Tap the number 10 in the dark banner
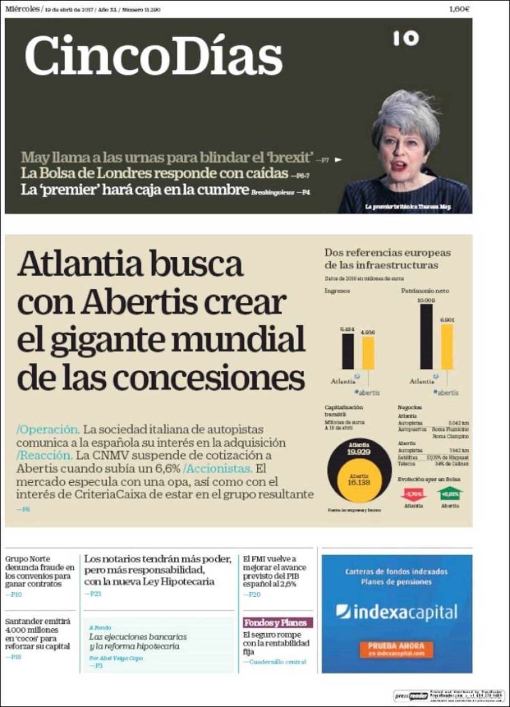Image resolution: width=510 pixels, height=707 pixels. tap(405, 39)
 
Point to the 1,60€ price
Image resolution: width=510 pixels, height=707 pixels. tap(459, 9)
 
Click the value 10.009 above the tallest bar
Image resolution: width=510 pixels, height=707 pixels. tap(426, 300)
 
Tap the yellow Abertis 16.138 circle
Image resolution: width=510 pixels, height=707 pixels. tap(359, 480)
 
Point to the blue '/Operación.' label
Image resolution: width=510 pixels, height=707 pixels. tap(48, 429)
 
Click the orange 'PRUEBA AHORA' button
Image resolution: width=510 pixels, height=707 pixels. tap(396, 649)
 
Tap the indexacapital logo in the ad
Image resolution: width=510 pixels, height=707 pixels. tap(396, 612)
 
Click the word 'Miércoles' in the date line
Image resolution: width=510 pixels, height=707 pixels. tap(22, 8)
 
